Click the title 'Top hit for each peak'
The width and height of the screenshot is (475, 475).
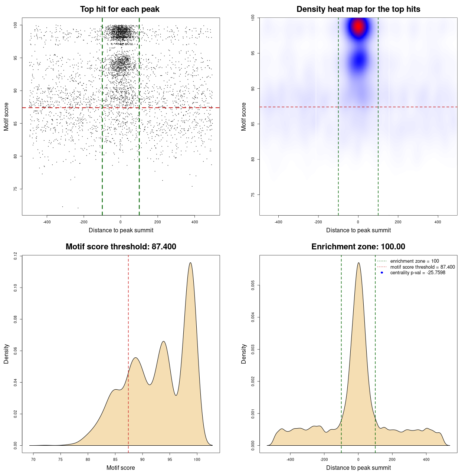120,9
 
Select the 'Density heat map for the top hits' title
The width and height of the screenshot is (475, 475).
358,9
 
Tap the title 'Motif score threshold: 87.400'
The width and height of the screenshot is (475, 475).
121,247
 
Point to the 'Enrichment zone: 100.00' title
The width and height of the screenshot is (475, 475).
358,247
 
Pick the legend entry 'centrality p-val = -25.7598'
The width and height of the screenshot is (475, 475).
417,273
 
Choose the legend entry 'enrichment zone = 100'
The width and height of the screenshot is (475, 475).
414,261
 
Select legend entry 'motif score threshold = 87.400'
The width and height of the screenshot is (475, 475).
422,267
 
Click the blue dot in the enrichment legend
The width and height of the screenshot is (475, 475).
382,273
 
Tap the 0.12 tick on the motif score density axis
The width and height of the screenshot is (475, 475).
15,256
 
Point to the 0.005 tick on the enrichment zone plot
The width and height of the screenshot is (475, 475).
253,285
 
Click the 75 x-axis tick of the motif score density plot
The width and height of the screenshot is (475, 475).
60,459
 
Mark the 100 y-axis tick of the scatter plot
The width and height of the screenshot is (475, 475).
15,25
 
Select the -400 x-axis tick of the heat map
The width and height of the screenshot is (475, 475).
278,222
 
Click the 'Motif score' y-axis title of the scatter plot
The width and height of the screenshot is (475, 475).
6,117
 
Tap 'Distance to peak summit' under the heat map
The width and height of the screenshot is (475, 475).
358,230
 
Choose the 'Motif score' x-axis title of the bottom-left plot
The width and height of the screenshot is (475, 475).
121,468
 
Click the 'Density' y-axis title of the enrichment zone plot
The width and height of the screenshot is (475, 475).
244,354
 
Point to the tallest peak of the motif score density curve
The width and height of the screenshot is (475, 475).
190,263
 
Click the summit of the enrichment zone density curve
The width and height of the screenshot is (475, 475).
358,263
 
